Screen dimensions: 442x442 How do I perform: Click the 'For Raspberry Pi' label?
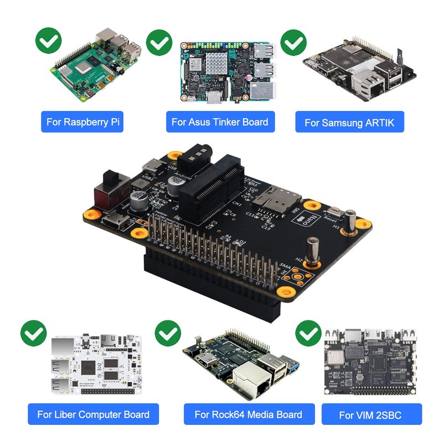point(82,122)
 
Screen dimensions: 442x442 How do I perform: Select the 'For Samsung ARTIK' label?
point(350,122)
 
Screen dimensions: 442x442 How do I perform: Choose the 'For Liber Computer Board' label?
point(93,414)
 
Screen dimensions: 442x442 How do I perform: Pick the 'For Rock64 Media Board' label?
point(248,414)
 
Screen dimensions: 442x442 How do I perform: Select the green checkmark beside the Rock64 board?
point(168,333)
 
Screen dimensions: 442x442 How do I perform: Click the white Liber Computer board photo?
point(96,365)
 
